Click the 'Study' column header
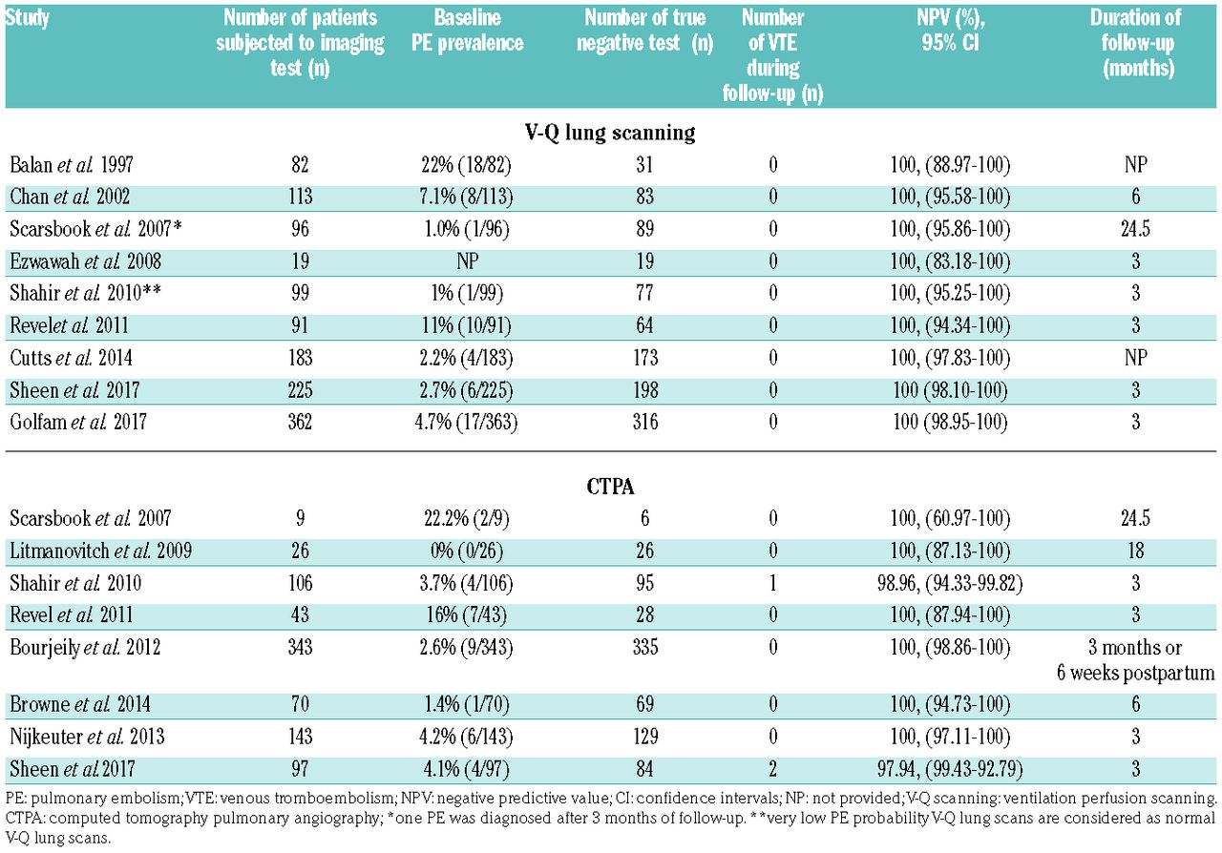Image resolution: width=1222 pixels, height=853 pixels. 28,18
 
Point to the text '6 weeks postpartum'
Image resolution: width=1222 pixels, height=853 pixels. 1135,673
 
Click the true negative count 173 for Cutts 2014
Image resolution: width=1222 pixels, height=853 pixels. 644,358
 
